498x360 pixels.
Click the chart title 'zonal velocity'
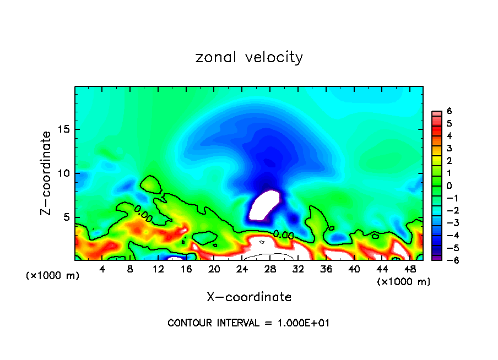[x=249, y=57]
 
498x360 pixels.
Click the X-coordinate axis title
[x=249, y=297]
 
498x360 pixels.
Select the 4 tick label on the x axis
[x=102, y=269]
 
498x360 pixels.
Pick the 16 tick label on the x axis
[x=186, y=269]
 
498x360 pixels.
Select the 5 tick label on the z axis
[x=66, y=217]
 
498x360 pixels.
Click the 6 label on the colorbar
[x=449, y=111]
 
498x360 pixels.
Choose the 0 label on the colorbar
[x=449, y=186]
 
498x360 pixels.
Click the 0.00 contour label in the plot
[x=283, y=235]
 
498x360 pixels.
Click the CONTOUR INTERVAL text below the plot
[x=248, y=323]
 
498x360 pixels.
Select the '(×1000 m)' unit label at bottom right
[x=404, y=282]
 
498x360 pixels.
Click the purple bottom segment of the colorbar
[x=436, y=257]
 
